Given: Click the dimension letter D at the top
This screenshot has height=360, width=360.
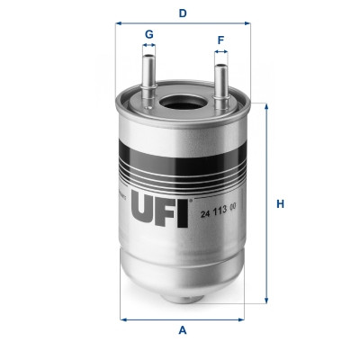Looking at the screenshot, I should pos(183,13).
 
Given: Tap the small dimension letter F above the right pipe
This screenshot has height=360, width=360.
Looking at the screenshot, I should pos(220,40).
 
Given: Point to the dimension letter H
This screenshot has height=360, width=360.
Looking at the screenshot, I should pos(280,203).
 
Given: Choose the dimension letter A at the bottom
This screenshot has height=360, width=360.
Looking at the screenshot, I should pos(183,330).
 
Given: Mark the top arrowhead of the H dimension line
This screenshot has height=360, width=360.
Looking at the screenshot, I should pos(266,105).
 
